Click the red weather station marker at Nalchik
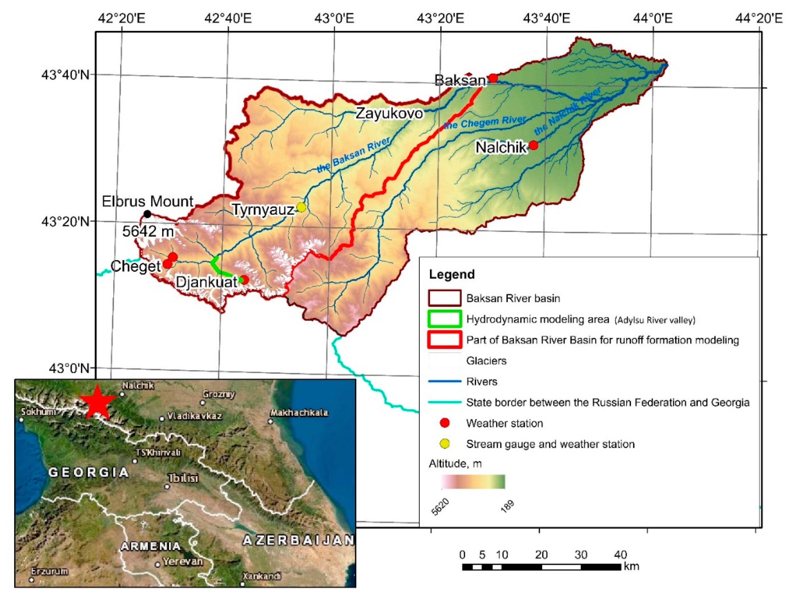coord(533,145)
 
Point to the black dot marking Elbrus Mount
coord(147,214)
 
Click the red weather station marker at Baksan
coord(493,78)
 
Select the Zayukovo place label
coord(389,113)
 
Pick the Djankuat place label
coord(206,282)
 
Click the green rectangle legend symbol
coord(445,319)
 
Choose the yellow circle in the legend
coord(445,444)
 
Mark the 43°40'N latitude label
coord(65,75)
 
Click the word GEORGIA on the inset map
coord(89,473)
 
